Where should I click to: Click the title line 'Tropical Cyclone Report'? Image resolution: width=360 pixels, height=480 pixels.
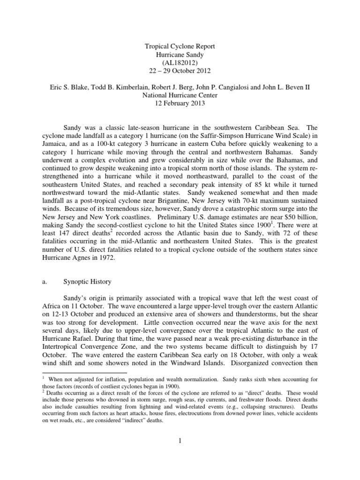pyautogui.click(x=180, y=47)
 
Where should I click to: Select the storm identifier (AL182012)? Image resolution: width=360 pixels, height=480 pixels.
pyautogui.click(x=180, y=63)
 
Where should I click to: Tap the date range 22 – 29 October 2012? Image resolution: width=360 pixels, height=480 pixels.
pyautogui.click(x=180, y=71)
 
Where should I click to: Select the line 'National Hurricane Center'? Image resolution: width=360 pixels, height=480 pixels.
pyautogui.click(x=180, y=95)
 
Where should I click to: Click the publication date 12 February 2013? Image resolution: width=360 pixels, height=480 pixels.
pyautogui.click(x=180, y=103)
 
